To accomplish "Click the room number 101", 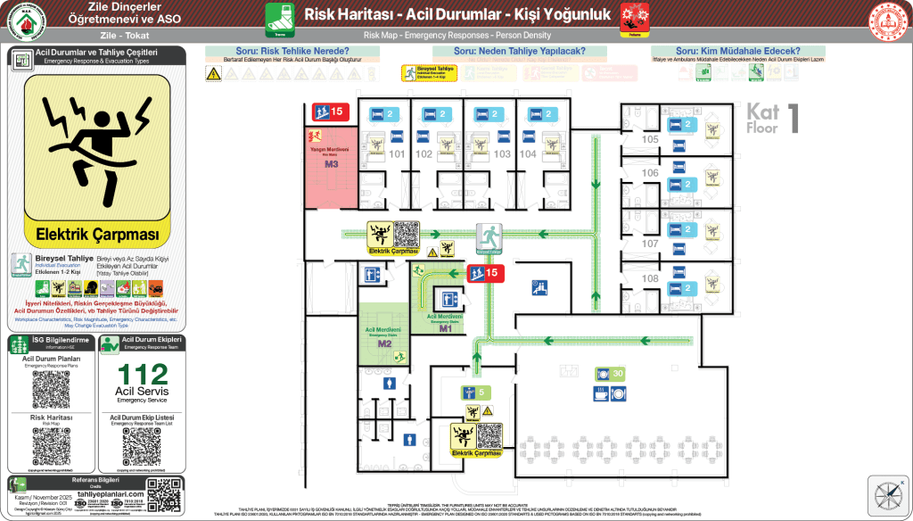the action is click(x=396, y=154).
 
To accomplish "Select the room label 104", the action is click(x=528, y=154).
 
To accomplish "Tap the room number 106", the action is click(x=650, y=172).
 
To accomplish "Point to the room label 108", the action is click(x=650, y=278).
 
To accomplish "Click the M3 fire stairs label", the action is click(x=331, y=164).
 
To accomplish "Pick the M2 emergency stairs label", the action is click(x=384, y=343).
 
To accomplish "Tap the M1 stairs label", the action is click(x=445, y=327).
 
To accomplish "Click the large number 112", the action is click(x=143, y=374).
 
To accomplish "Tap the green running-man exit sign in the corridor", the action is click(x=489, y=236).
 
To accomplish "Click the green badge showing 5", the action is click(x=474, y=393).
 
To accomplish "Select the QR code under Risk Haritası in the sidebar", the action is click(x=51, y=446).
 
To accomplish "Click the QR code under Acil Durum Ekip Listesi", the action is click(x=143, y=446).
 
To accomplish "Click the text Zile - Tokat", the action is click(x=124, y=36).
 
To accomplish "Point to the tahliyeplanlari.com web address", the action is click(x=110, y=494).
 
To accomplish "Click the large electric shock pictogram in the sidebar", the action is click(x=97, y=146).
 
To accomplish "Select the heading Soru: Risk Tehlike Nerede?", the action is click(x=292, y=51).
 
